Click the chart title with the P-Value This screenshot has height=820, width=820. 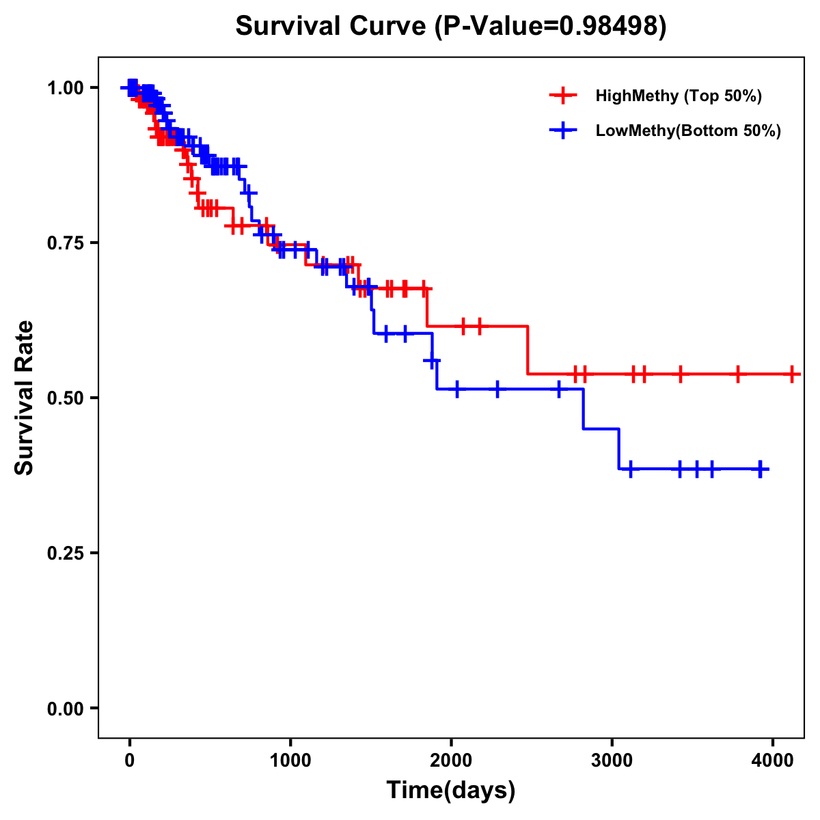(450, 26)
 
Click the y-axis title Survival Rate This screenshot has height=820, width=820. (25, 397)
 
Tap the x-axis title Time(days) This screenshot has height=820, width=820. (450, 790)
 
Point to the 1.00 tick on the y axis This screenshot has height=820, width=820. (65, 87)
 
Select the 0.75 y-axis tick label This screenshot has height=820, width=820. (65, 243)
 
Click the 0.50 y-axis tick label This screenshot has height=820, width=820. (65, 398)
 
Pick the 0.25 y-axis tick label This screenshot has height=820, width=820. (65, 553)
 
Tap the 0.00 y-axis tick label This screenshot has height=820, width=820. (65, 708)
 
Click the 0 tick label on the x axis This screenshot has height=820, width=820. (129, 758)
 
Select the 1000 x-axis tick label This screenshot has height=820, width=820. (290, 758)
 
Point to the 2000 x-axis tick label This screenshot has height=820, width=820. (451, 758)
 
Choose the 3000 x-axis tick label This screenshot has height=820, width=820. (612, 758)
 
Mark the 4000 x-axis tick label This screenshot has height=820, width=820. (772, 758)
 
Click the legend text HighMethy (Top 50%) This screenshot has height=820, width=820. (679, 96)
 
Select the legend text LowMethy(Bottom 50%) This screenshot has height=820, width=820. (688, 131)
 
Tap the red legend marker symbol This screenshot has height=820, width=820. (563, 96)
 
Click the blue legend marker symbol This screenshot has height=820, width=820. (563, 131)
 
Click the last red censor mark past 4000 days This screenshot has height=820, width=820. (791, 374)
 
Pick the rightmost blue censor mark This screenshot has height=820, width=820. (760, 469)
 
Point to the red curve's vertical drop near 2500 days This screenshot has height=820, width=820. (528, 350)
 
